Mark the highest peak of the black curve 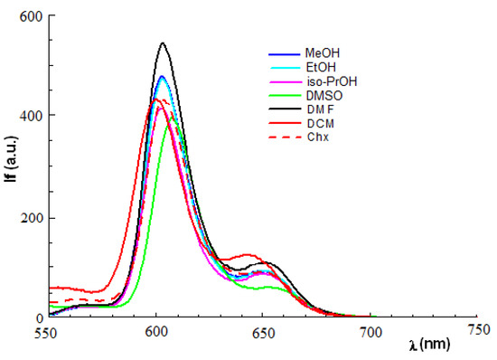point(163,43)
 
